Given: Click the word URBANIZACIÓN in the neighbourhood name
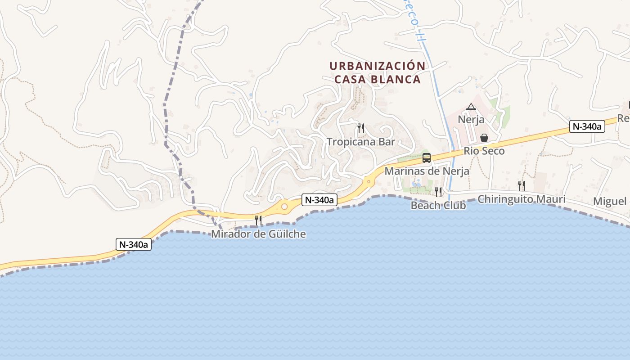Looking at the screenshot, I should [377, 66].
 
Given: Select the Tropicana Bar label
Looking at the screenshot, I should [360, 142].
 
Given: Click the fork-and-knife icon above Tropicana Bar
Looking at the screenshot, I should [360, 128].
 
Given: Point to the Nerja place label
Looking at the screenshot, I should [471, 120].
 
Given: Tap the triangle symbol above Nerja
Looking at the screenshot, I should [471, 107].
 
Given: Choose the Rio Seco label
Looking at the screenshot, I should [484, 151].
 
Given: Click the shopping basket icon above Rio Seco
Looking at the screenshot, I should [484, 137].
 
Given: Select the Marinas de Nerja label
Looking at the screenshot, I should [427, 171].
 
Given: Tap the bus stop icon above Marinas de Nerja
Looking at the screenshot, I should [427, 158].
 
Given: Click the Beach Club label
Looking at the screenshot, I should [438, 205].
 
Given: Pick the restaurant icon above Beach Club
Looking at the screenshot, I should [438, 192].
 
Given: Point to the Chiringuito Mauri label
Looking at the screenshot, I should [521, 199].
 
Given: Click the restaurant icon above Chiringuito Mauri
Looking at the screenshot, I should [521, 185].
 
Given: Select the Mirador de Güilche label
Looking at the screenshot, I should [258, 234].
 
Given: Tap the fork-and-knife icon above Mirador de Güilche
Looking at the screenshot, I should [258, 220].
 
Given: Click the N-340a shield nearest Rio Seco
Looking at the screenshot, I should [587, 127].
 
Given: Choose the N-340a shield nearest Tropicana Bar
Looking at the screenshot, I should [319, 200].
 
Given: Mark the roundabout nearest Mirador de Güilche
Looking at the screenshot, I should [284, 207].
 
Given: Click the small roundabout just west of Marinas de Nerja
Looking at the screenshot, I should [369, 182].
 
